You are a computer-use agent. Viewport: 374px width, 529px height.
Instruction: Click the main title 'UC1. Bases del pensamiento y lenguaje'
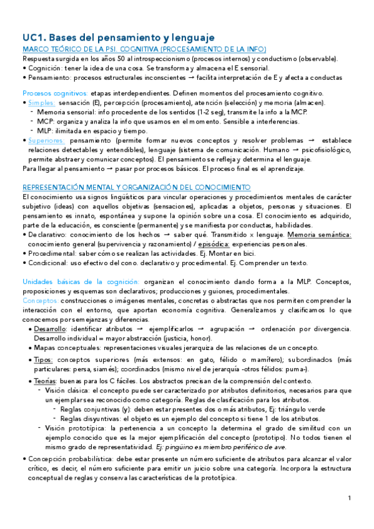tap(118, 37)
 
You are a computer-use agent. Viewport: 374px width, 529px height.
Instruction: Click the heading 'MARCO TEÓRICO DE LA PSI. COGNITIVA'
tap(144, 49)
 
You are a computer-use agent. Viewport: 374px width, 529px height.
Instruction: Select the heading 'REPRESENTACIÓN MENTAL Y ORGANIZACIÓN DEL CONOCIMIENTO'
tap(136, 187)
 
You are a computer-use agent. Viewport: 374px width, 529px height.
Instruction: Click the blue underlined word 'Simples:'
tap(41, 102)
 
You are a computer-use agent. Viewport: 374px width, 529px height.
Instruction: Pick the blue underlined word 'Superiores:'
tap(47, 141)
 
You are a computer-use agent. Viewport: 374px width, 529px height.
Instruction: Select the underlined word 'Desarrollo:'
tap(51, 328)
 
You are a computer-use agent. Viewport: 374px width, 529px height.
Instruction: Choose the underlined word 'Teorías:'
tap(45, 381)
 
